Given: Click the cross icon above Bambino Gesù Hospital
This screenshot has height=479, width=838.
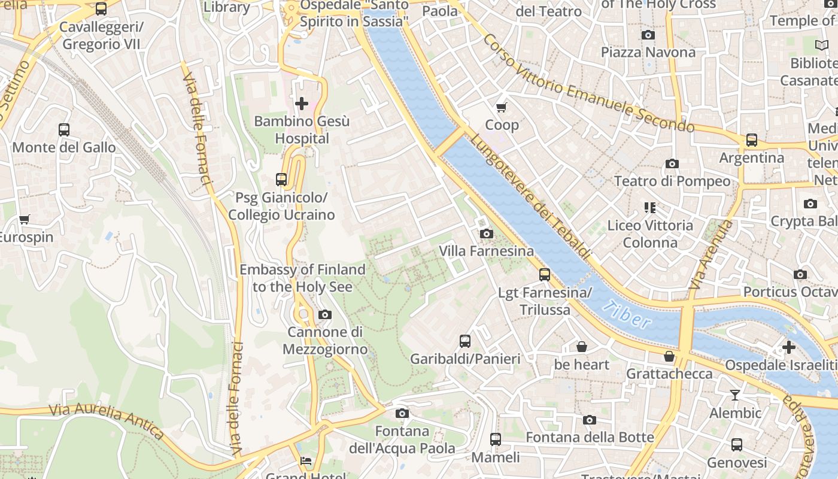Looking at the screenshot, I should pos(302,104).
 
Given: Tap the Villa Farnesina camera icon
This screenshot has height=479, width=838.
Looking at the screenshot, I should pos(487,234).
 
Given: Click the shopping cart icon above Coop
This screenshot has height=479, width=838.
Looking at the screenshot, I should pos(502,107).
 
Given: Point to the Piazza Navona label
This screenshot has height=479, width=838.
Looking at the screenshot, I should pos(648,52).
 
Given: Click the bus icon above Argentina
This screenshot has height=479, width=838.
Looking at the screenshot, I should pos(751,140).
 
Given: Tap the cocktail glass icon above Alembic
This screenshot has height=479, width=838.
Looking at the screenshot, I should pos(735,395).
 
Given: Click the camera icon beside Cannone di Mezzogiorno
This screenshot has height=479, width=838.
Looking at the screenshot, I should pos(324,314).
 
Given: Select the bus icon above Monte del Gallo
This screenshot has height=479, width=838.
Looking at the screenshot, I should pos(64,129).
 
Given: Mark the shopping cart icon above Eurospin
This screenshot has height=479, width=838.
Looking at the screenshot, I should pos(25,219).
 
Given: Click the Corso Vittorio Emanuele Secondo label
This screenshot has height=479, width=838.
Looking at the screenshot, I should pos(587,84).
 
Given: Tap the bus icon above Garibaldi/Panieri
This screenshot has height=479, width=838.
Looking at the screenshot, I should pos(465,341).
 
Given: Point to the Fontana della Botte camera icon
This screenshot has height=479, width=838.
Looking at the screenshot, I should pos(590,420).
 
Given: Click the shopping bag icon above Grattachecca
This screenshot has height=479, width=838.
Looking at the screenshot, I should pos(669,356).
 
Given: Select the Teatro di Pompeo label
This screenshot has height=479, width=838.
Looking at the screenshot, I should pos(672,181).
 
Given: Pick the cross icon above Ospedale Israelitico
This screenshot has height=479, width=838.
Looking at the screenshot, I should pos(789,347).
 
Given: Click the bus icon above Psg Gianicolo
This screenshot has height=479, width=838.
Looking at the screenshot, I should pos(281,179).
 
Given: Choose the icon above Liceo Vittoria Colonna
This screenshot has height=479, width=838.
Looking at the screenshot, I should pos(650,208).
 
